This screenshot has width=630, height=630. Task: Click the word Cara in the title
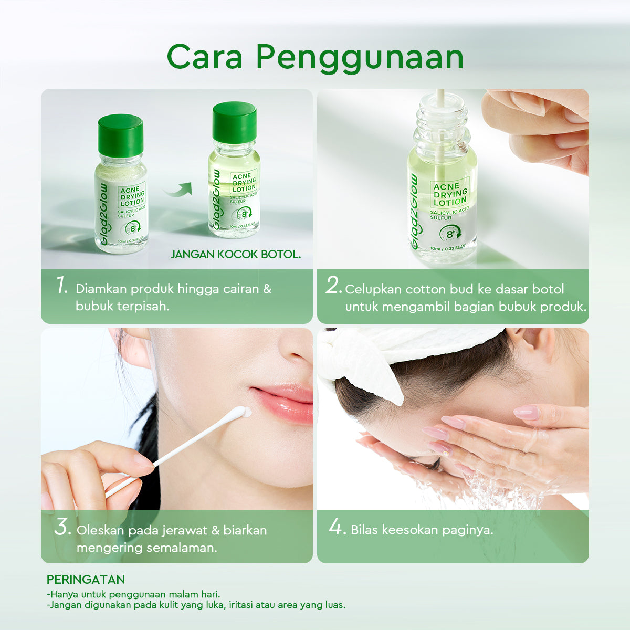click(204, 57)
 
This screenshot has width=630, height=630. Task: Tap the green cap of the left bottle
click(120, 135)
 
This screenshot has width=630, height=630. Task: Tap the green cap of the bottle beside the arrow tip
click(234, 122)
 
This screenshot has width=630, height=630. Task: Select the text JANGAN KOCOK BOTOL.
click(236, 255)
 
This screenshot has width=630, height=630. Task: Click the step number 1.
click(62, 286)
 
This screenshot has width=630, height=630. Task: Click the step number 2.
click(334, 286)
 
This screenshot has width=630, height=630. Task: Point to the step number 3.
click(62, 528)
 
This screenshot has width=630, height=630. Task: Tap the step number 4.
click(337, 527)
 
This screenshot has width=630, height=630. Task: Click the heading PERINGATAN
click(86, 580)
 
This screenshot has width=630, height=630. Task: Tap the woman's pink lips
click(283, 402)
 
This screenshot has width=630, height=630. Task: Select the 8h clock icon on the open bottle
click(450, 233)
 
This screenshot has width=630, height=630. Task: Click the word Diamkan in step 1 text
click(101, 289)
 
